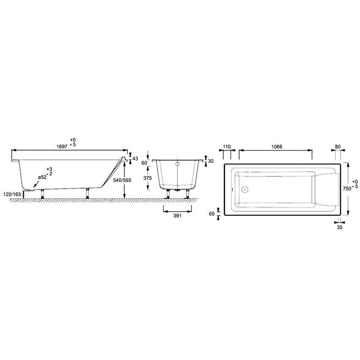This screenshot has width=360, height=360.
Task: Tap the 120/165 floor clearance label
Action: click(x=12, y=194)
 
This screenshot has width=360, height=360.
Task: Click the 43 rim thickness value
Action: click(x=135, y=158)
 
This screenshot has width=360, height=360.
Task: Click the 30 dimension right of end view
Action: click(x=211, y=161)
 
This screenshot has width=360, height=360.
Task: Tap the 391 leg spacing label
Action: click(x=176, y=215)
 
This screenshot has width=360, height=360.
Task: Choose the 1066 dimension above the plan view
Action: click(x=276, y=147)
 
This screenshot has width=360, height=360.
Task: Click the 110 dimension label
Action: click(x=226, y=147)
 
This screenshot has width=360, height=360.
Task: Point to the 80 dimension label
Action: click(x=338, y=147)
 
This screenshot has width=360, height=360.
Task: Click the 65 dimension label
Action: click(x=212, y=214)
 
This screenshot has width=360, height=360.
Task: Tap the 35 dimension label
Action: click(x=339, y=228)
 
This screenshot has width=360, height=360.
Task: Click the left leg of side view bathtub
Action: click(x=43, y=193)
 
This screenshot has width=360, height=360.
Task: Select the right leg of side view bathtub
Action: click(x=87, y=193)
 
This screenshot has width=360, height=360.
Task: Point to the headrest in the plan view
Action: click(x=327, y=189)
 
